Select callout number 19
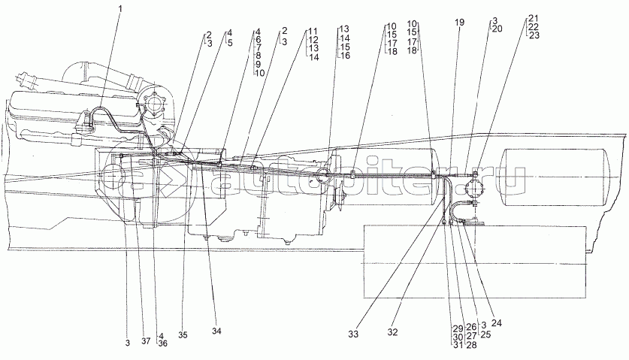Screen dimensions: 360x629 [460, 23]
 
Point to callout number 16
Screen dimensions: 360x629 [344, 56]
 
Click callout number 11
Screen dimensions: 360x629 [313, 32]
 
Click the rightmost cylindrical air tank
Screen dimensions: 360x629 [556, 177]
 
